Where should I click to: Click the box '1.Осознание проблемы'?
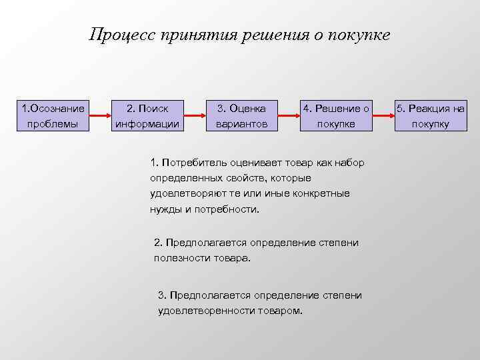(53, 115)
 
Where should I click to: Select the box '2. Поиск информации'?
(147, 115)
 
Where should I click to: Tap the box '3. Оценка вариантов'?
(241, 115)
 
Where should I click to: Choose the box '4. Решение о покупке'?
(336, 115)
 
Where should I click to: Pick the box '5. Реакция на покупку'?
(430, 115)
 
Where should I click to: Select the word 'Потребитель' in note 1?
(193, 163)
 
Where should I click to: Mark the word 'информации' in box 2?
(147, 124)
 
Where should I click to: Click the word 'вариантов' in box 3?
(241, 124)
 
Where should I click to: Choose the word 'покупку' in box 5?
(430, 124)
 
